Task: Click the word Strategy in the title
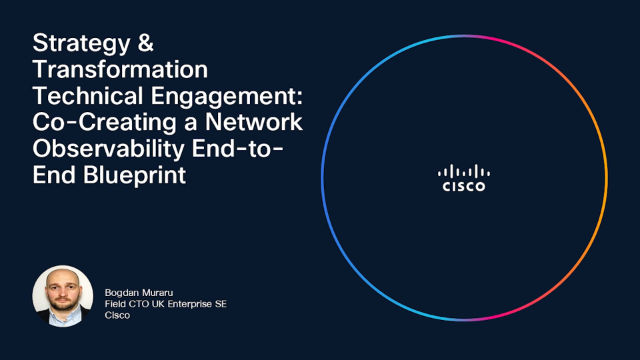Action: [81, 44]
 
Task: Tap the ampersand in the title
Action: [145, 42]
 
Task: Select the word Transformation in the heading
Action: [120, 69]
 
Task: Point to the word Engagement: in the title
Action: [227, 97]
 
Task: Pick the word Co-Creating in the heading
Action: [104, 123]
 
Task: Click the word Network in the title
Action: [254, 122]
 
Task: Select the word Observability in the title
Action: [109, 150]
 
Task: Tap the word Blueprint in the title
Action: [135, 176]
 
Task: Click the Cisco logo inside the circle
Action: [464, 178]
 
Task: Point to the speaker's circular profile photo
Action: [63, 296]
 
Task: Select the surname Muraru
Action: [158, 293]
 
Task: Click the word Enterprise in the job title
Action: [190, 304]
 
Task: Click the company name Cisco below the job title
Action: [117, 315]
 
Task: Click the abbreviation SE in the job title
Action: [221, 304]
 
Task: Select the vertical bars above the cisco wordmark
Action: [464, 171]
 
